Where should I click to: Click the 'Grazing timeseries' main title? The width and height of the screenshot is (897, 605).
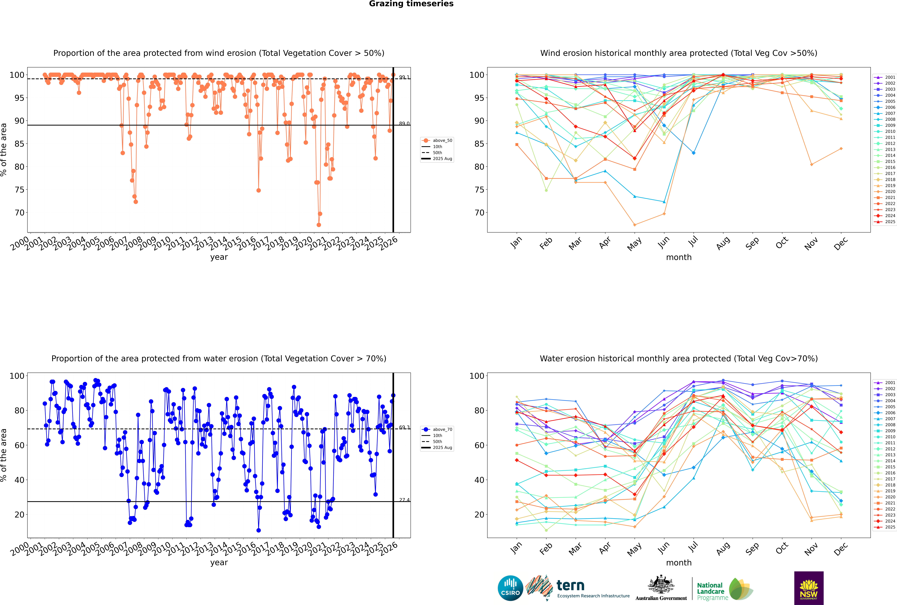pyautogui.click(x=411, y=4)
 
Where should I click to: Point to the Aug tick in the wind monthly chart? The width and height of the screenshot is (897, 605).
pyautogui.click(x=722, y=243)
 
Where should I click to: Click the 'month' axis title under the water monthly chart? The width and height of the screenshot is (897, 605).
pyautogui.click(x=679, y=563)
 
